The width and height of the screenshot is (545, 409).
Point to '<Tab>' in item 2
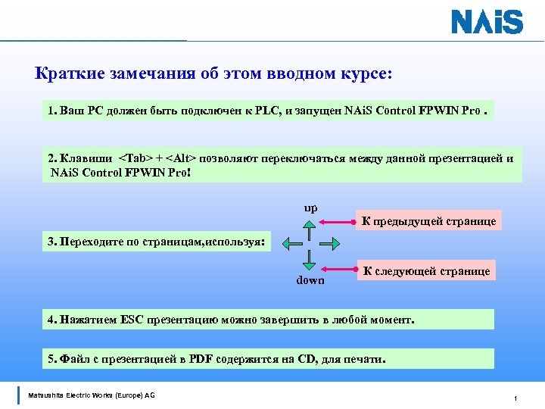pos(135,158)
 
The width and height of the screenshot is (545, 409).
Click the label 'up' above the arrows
pos(310,208)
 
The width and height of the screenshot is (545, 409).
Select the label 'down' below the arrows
pos(310,279)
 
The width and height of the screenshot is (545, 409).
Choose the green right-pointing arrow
pos(328,243)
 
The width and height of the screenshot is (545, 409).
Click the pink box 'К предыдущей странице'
pos(428,221)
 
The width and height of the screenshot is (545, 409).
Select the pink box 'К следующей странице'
pos(427,270)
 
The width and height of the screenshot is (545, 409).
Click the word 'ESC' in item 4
pos(130,320)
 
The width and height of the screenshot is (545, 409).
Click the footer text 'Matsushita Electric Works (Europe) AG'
pos(91,395)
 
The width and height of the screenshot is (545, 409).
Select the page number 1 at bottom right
pos(515,398)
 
